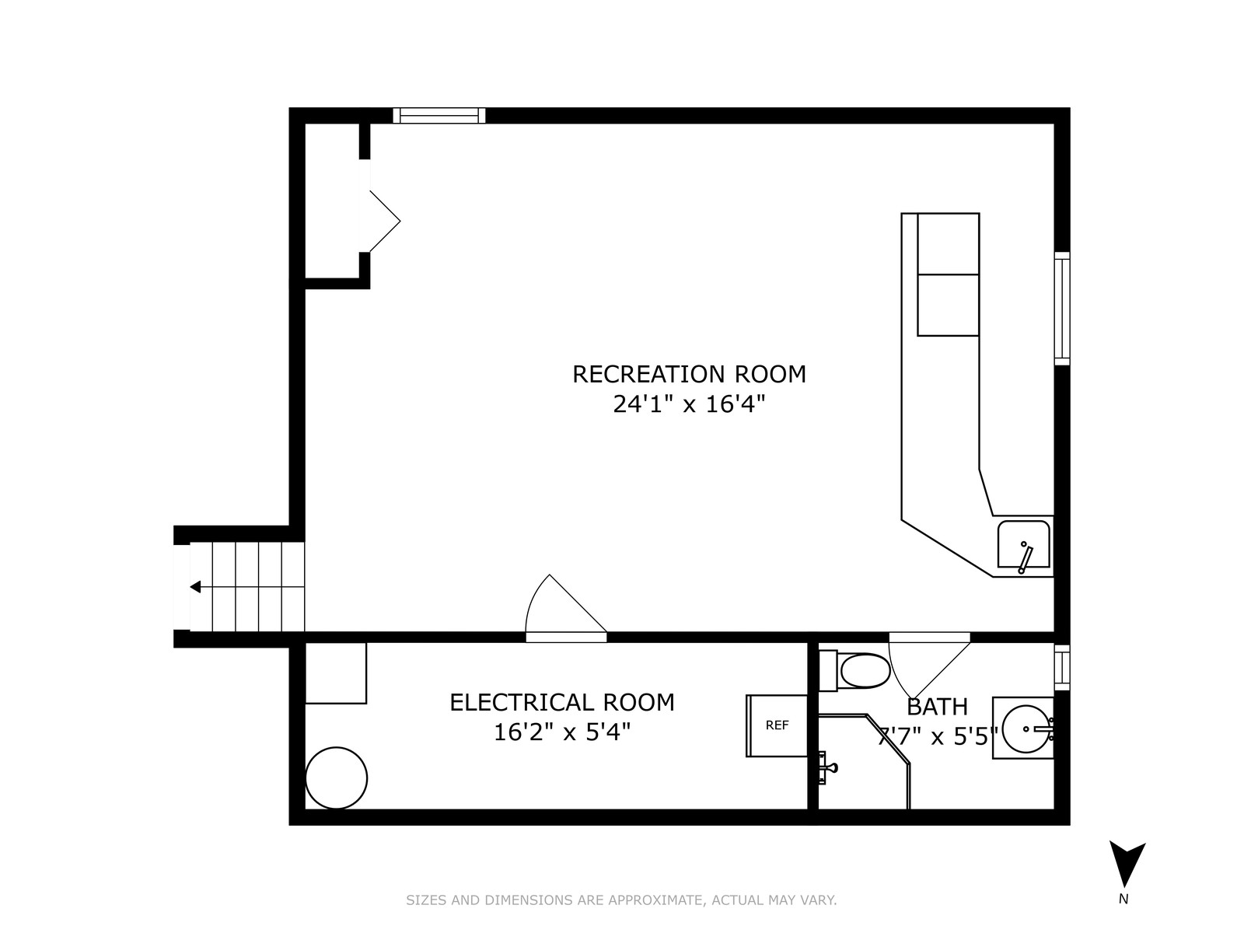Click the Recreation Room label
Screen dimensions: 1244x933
coord(689,375)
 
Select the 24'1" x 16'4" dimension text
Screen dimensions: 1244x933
coord(689,404)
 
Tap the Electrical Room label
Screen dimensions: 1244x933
coord(561,702)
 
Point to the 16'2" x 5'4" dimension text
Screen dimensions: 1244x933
coord(561,732)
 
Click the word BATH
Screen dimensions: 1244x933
coord(938,707)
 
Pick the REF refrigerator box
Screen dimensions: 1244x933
coord(777,725)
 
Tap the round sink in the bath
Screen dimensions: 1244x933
coord(1026,729)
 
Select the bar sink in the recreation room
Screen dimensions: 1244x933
coord(1023,544)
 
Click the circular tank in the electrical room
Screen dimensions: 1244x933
coord(336,777)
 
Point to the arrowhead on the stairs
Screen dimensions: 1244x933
coord(195,587)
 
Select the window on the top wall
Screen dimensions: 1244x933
coord(439,116)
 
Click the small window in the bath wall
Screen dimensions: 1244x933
coord(1062,668)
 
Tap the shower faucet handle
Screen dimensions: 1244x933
coord(828,767)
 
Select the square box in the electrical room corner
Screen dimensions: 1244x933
coord(336,673)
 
